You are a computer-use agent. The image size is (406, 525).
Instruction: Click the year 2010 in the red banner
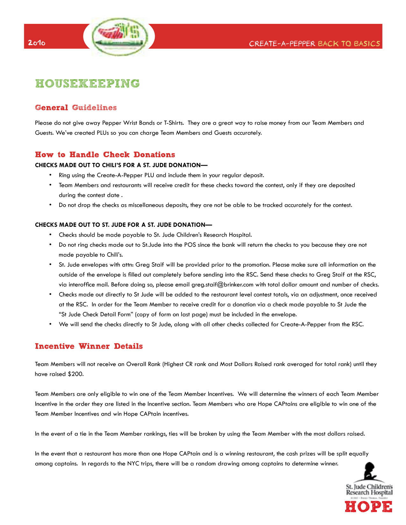click(37, 43)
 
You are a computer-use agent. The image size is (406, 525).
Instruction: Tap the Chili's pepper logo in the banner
click(119, 36)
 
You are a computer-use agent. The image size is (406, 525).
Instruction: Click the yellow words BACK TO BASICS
click(349, 43)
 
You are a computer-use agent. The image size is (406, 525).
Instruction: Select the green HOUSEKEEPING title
click(87, 83)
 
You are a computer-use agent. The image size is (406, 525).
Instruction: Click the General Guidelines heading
click(76, 108)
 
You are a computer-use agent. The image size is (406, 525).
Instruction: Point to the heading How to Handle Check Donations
click(105, 155)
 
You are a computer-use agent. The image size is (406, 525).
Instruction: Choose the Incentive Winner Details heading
click(89, 346)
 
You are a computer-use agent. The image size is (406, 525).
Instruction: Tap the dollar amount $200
click(75, 374)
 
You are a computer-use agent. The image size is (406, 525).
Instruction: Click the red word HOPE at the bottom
click(368, 507)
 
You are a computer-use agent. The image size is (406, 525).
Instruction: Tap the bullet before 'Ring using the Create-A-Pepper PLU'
click(50, 175)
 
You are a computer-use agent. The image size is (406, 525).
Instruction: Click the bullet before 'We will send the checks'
click(50, 324)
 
